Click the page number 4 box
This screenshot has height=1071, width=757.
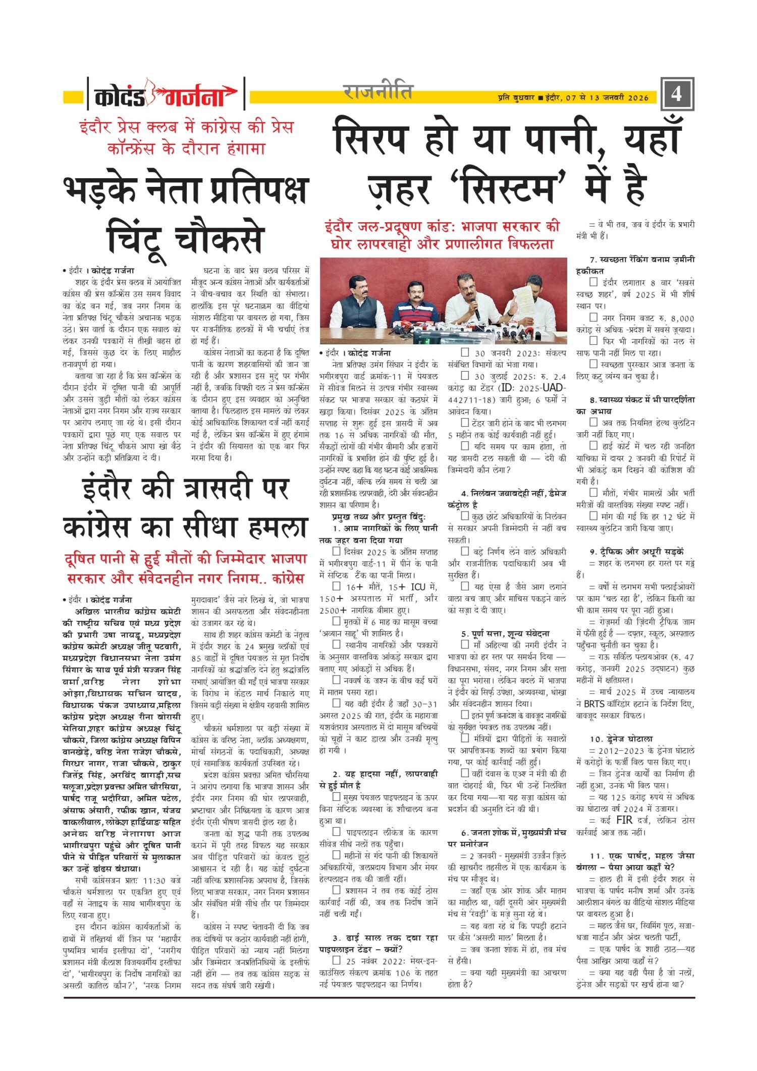coord(677,94)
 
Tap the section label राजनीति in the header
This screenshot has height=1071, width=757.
coord(377,92)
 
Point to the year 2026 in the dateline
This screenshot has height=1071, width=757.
coord(638,98)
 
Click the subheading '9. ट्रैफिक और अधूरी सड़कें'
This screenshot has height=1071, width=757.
coord(636,552)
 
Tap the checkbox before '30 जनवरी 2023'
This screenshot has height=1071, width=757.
coord(465,353)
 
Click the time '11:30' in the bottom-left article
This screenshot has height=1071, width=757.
coord(154,880)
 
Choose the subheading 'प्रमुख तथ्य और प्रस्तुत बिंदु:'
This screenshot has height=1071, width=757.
coord(379,517)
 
